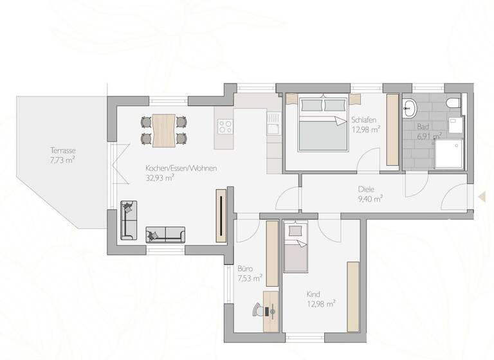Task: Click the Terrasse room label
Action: click(x=64, y=150)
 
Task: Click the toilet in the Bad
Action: click(x=453, y=103)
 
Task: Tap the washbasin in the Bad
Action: click(x=410, y=107)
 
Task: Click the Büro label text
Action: click(x=245, y=269)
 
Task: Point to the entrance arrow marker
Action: click(x=480, y=197)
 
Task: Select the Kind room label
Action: click(x=313, y=294)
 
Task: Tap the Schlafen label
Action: click(x=364, y=120)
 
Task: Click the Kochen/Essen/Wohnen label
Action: click(x=181, y=168)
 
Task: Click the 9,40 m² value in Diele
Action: click(x=370, y=199)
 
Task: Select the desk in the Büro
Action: click(x=271, y=311)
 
